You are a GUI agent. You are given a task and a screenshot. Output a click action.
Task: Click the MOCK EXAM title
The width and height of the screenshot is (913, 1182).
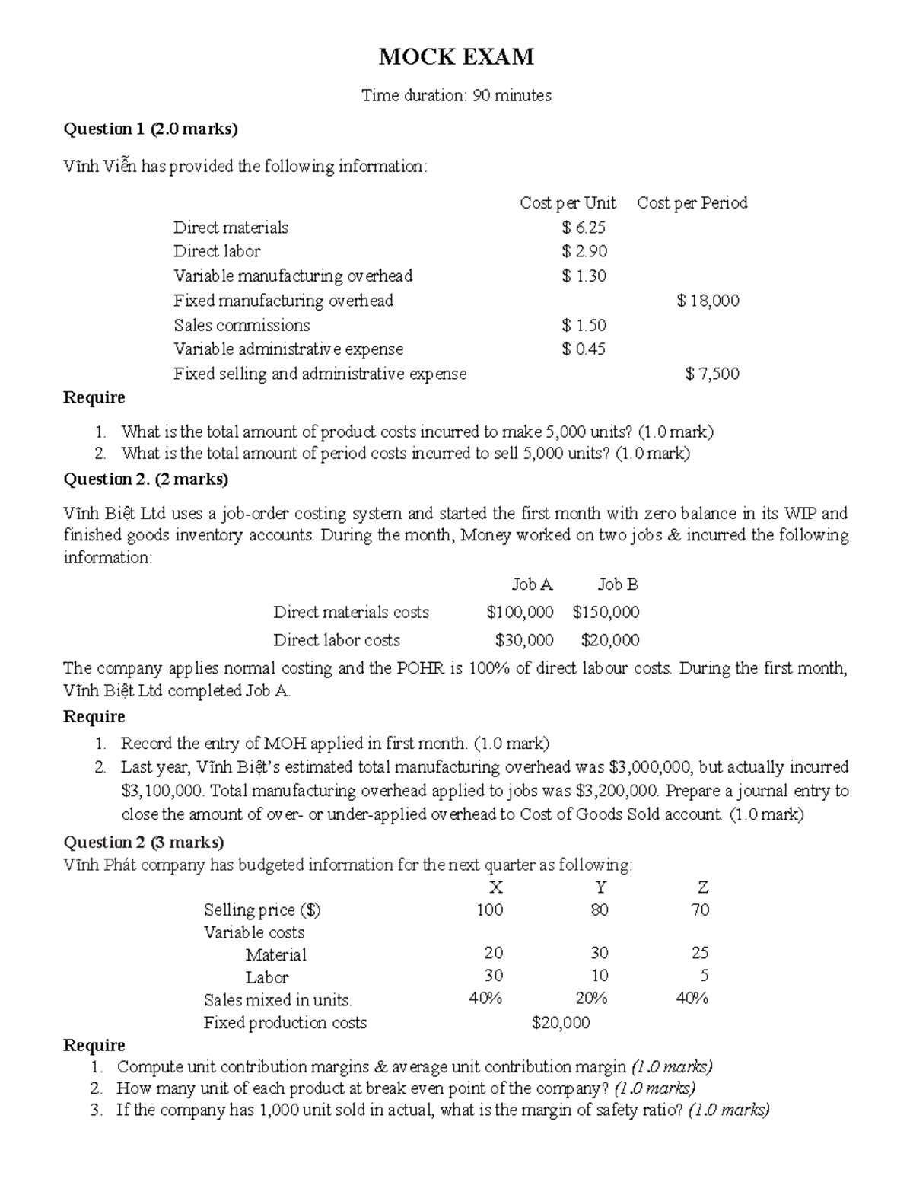(456, 56)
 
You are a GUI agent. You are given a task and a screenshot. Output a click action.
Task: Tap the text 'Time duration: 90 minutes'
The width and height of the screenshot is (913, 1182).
(456, 95)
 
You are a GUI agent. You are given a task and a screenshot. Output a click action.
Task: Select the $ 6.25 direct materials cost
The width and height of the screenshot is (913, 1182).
(584, 227)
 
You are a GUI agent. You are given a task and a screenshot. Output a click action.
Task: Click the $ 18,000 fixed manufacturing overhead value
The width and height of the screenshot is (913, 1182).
(708, 301)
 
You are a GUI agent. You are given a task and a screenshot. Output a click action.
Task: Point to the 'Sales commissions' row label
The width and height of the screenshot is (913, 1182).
(241, 325)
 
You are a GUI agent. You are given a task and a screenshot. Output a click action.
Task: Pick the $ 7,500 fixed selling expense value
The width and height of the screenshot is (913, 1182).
(711, 374)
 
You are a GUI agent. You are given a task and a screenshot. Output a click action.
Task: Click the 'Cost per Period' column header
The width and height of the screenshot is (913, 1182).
(692, 202)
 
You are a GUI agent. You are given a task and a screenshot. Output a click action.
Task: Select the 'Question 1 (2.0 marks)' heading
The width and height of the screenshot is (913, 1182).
(150, 129)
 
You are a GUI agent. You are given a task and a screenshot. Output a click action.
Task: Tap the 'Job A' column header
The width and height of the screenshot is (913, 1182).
(532, 585)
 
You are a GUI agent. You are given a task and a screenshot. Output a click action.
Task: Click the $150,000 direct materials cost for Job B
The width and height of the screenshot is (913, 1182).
(606, 612)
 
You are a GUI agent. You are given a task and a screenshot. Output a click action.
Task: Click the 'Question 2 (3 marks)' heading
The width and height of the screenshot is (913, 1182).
(143, 842)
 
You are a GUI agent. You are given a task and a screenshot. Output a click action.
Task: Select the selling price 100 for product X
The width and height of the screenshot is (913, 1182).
(489, 910)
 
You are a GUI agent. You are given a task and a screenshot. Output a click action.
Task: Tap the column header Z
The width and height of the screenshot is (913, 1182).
(702, 887)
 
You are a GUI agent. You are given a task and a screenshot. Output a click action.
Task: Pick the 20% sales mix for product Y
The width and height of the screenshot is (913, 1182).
(591, 999)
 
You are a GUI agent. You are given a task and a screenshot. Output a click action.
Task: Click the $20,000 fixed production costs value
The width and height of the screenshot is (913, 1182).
(561, 1023)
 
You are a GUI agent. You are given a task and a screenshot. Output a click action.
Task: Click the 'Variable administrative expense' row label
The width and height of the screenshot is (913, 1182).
(288, 349)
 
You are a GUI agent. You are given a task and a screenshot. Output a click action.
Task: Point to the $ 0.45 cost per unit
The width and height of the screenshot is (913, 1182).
(584, 349)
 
